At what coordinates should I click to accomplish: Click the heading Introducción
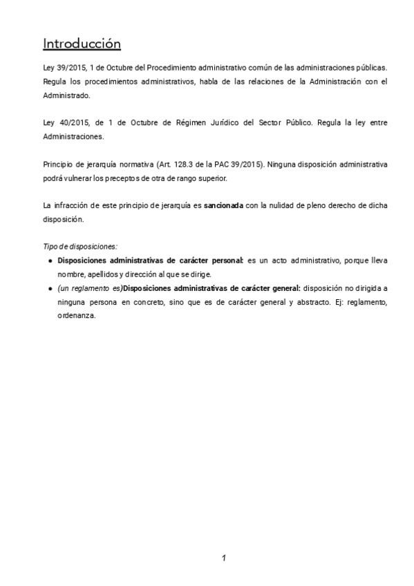82,44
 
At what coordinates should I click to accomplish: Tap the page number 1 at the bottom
224,558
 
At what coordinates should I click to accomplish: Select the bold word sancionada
223,206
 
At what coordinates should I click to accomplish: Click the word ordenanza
76,316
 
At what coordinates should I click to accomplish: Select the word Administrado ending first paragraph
66,95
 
